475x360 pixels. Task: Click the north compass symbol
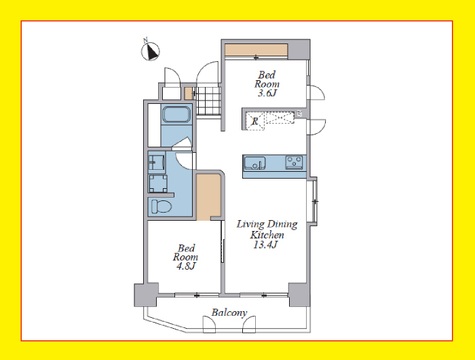[x=151, y=52]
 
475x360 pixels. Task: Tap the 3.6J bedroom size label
[x=267, y=93]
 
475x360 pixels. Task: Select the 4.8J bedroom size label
[x=186, y=266]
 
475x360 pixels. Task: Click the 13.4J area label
[x=266, y=245]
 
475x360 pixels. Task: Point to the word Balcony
[x=229, y=313]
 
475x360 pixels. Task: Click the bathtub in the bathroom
[x=176, y=115]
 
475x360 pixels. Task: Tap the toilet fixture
[x=161, y=206]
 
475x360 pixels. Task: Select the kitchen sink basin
[x=255, y=163]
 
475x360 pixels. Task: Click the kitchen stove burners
[x=294, y=163]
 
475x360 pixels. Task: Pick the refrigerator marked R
[x=255, y=121]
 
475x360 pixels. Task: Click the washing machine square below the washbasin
[x=158, y=183]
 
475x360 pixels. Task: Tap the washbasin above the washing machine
[x=156, y=162]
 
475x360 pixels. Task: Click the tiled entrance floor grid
[x=208, y=100]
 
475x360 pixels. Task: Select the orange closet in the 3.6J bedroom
[x=256, y=50]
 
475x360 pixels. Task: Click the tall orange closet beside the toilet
[x=209, y=197]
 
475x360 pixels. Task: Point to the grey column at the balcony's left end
[x=146, y=295]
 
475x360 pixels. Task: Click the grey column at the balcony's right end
[x=299, y=295]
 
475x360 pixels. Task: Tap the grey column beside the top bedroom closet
[x=299, y=49]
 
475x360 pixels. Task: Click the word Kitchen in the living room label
[x=267, y=235]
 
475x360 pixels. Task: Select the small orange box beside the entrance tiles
[x=189, y=93]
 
